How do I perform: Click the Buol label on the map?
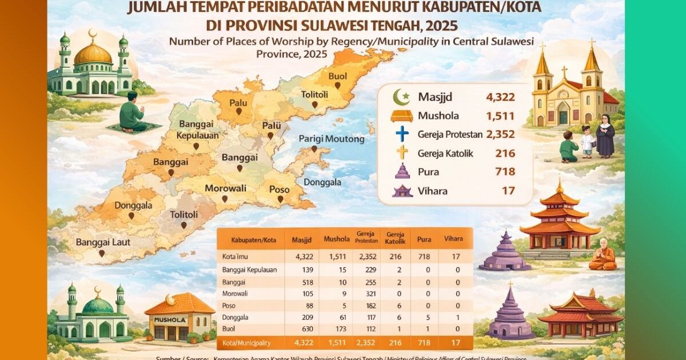pos(337,76)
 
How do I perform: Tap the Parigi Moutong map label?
pos(332,139)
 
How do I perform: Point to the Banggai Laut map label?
pos(103,242)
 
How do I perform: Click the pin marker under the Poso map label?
pos(280,199)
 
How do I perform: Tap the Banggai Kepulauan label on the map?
pos(197,131)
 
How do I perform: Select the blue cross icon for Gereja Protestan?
pos(402,134)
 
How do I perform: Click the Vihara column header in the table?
pos(453,238)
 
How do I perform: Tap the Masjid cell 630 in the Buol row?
pos(301,329)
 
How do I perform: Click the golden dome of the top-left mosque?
pos(93,54)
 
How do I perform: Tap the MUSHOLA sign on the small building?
pos(170,320)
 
